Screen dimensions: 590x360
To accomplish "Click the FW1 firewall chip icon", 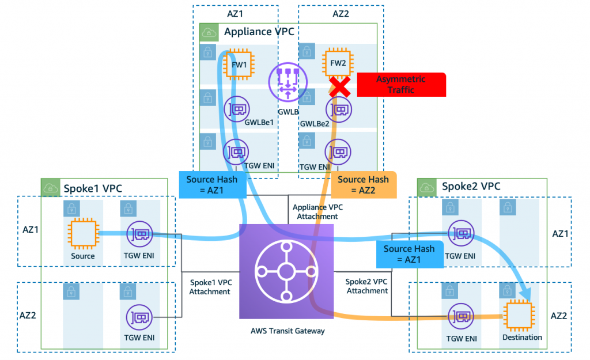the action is (x=239, y=65).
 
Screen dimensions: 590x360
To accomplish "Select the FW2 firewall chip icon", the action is (x=338, y=63).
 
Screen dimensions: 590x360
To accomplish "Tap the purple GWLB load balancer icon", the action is (x=288, y=82).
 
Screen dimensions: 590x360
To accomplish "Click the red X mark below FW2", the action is (x=340, y=86).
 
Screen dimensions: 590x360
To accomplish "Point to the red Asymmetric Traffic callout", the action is (x=402, y=85).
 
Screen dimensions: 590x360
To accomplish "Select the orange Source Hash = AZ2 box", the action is (x=364, y=185).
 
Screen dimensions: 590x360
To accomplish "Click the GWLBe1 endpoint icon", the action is (x=237, y=109).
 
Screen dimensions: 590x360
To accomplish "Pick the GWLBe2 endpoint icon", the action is (x=339, y=110).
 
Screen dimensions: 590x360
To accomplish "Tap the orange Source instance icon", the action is (x=83, y=234).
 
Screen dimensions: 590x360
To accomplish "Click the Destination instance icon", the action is (x=519, y=315).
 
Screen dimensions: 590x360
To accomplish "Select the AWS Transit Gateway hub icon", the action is (x=286, y=272).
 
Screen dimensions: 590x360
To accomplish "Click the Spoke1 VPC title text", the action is (x=93, y=188).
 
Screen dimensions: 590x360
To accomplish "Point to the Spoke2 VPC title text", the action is (x=471, y=186).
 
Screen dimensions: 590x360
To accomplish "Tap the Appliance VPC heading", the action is (x=259, y=32).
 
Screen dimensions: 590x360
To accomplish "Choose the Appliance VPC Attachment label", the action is (x=317, y=212).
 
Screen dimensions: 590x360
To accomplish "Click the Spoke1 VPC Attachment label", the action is (x=211, y=287).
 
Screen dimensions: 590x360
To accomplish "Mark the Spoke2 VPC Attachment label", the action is (x=367, y=286).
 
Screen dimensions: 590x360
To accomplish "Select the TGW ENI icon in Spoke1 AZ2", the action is (x=139, y=317).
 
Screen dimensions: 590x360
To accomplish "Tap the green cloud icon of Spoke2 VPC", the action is (x=427, y=187).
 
